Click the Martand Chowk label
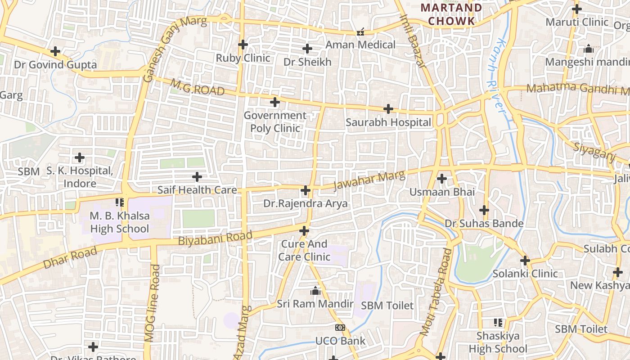451,14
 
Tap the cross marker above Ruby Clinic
243,45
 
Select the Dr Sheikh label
307,62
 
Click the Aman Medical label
360,45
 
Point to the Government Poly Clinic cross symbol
275,103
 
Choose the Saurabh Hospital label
388,122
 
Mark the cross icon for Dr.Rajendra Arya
306,190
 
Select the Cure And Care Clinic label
304,251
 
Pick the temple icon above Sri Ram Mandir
315,291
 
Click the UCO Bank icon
340,328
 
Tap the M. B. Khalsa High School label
120,222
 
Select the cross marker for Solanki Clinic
525,261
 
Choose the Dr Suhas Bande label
484,224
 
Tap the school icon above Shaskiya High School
498,322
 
